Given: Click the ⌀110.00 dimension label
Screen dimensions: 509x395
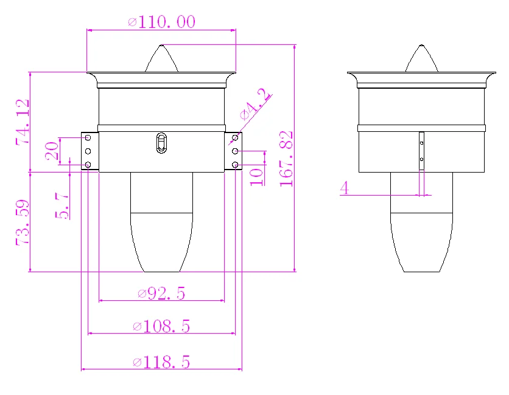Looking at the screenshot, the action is pos(162,22).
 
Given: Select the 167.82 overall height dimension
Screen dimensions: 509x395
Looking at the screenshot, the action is pos(286,159).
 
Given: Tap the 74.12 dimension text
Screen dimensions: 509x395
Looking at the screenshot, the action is pos(23,122).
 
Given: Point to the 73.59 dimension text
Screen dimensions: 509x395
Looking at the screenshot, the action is pos(23,222).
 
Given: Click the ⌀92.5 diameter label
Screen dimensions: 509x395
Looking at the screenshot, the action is pos(161,294).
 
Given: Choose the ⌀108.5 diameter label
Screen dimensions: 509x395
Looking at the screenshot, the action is pos(161,326).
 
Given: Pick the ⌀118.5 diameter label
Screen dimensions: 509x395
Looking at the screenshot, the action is pos(161,362).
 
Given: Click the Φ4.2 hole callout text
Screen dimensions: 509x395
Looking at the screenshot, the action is pos(255,105).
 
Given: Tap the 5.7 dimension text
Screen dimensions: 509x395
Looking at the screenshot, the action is pos(62,205).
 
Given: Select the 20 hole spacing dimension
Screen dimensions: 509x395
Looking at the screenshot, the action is pos(52,151).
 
